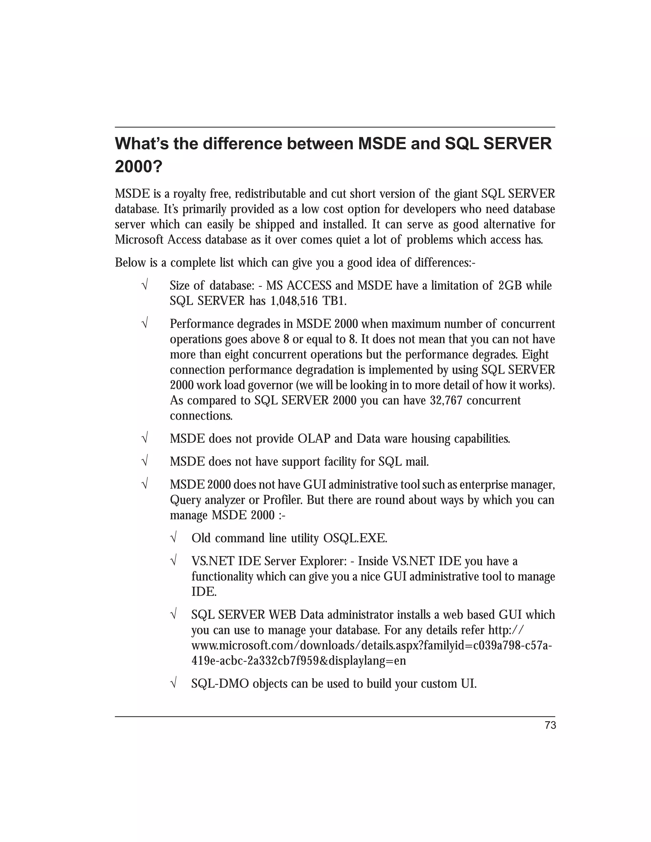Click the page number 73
[x=550, y=725]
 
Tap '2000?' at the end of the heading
[x=139, y=167]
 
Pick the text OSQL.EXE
[x=355, y=538]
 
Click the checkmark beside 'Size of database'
[x=145, y=286]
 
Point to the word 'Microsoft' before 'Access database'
[x=139, y=240]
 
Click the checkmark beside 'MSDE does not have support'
[x=145, y=461]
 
